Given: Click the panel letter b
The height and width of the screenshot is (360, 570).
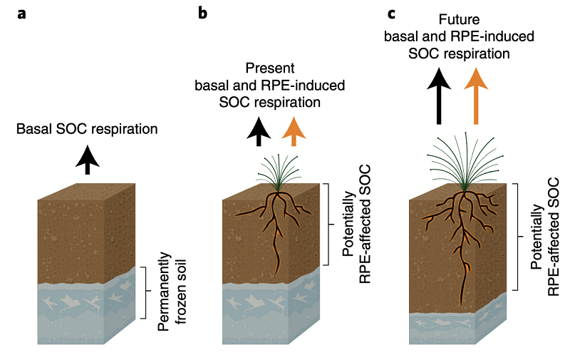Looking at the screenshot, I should tap(203, 14).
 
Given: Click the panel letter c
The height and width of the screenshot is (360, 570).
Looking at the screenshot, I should tap(390, 14).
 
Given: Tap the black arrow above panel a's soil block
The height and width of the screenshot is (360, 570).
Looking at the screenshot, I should tap(88, 159).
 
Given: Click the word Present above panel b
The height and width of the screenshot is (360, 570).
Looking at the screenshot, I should tap(270, 69).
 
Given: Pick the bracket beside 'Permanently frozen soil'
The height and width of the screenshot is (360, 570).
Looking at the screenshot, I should tap(145, 292).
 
